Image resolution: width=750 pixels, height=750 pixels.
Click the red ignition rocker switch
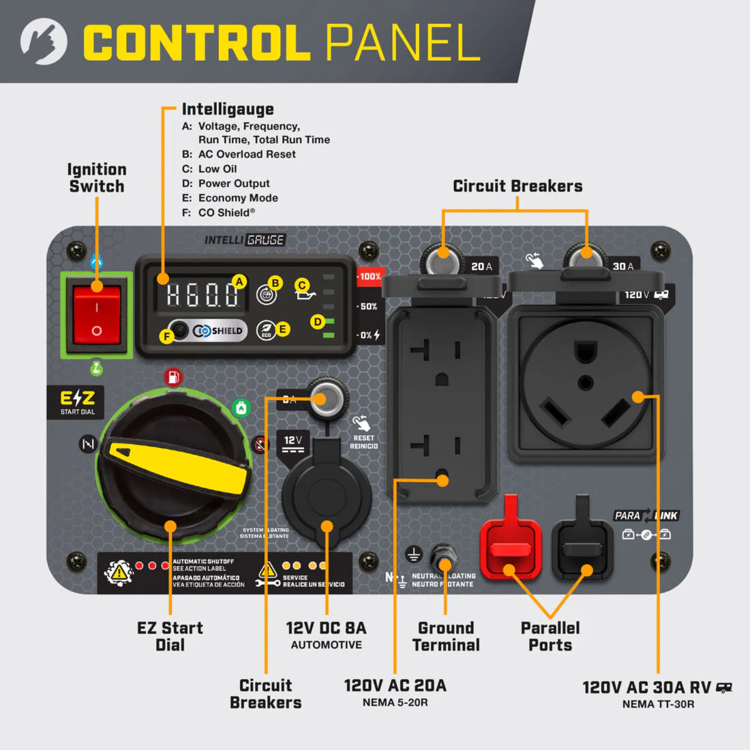click(96, 314)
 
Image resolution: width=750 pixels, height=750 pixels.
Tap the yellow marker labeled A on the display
click(239, 282)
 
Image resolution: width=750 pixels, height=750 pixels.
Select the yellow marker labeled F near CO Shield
click(166, 335)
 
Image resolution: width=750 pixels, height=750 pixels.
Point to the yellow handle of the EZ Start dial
click(180, 468)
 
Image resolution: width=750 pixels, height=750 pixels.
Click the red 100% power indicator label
click(370, 277)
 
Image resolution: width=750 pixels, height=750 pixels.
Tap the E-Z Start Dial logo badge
click(78, 402)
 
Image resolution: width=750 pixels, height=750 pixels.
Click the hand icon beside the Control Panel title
click(44, 42)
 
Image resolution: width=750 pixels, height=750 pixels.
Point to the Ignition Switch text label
click(97, 178)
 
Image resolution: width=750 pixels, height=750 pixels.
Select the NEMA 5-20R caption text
click(395, 703)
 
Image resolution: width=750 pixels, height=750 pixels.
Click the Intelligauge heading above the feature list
click(228, 109)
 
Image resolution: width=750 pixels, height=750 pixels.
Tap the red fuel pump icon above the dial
click(173, 377)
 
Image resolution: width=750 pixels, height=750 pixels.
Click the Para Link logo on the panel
click(646, 516)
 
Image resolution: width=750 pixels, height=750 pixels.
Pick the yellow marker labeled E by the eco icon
click(282, 329)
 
